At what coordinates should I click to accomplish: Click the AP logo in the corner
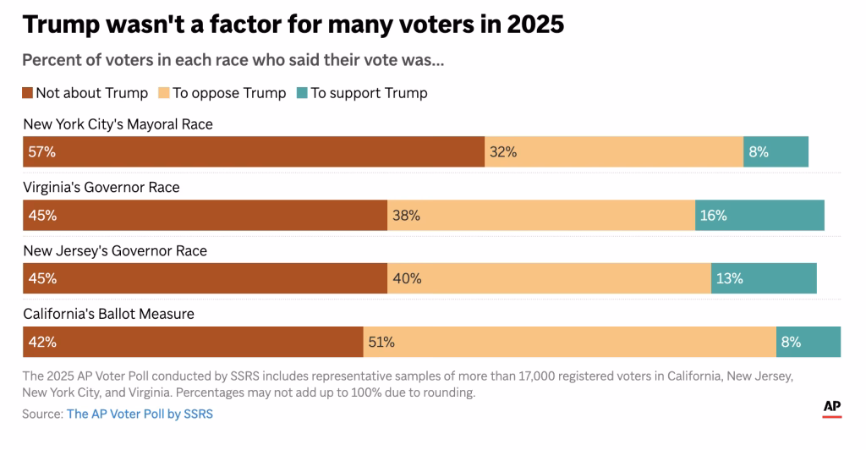point(832,408)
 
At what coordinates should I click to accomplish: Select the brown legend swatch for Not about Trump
point(28,93)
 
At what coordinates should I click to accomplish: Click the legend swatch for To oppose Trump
point(163,93)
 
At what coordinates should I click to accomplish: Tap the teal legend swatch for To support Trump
point(302,93)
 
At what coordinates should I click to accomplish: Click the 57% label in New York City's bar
point(41,152)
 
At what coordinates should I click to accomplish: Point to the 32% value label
point(503,152)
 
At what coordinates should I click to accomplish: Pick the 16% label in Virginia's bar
point(713,216)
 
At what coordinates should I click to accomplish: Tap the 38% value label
point(406,216)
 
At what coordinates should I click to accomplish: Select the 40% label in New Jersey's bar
point(406,278)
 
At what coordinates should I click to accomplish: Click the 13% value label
point(729,278)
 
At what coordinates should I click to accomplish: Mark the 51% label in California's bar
point(381,343)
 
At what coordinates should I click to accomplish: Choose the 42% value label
point(41,343)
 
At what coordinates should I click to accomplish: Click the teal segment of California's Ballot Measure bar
point(808,343)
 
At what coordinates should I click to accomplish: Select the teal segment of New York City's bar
point(776,152)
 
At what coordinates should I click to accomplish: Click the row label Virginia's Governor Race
point(101,187)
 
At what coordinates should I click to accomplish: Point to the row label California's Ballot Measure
point(108,314)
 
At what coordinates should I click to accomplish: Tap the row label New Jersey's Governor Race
point(115,250)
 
